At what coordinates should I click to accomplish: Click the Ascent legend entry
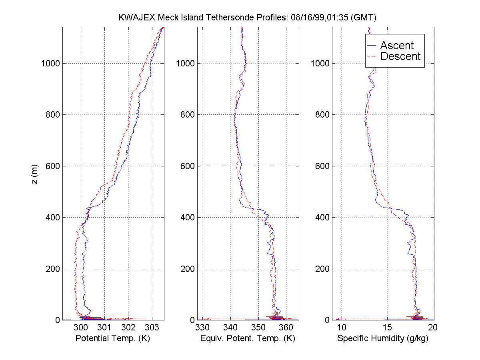pos(396,46)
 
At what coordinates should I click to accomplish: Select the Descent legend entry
pos(400,56)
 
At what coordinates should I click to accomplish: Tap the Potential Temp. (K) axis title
pos(113,339)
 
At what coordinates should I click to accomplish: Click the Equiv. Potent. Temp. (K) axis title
pos(248,339)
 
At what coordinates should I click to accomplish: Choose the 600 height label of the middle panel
pos(187,166)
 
